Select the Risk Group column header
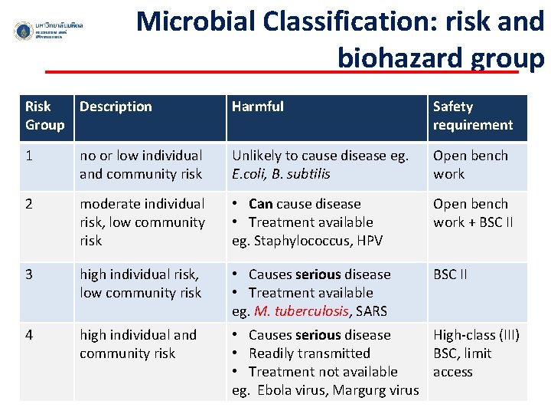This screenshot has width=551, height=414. (44, 116)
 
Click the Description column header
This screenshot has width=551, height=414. (116, 107)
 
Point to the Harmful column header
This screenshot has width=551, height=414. (258, 107)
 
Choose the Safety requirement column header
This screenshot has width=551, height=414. (472, 116)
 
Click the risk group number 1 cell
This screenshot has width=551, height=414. (29, 156)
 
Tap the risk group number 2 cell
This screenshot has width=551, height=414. (30, 204)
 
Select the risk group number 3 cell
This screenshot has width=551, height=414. (30, 274)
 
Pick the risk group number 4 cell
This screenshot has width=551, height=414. (30, 335)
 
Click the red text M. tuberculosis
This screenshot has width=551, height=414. (301, 311)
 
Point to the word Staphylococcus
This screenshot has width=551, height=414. (296, 241)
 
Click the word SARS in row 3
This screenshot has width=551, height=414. (371, 311)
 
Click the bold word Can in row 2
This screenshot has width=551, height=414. (260, 204)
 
